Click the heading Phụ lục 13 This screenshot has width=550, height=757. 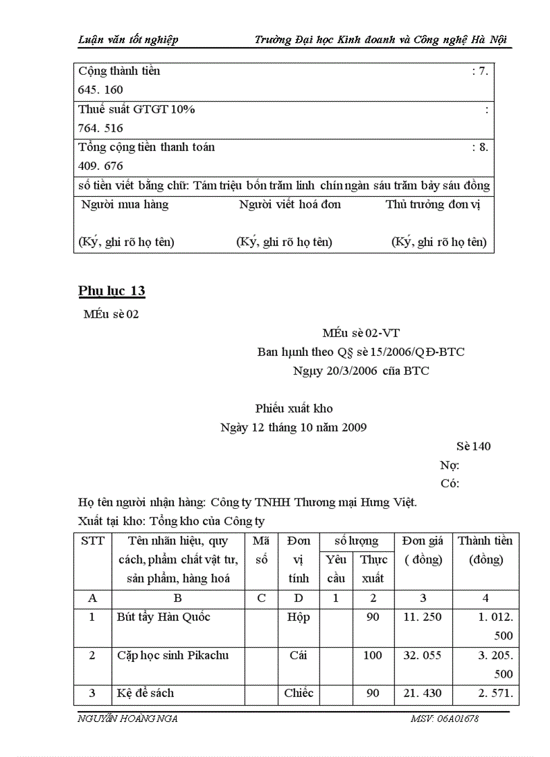click(x=111, y=291)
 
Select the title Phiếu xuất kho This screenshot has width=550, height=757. click(x=294, y=408)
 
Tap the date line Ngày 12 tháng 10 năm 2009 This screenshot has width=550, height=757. click(x=294, y=427)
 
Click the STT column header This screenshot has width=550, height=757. click(x=92, y=541)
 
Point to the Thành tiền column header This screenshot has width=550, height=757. click(x=485, y=550)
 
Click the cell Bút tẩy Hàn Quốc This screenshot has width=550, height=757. click(x=156, y=617)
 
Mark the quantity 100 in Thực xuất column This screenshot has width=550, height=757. click(x=372, y=655)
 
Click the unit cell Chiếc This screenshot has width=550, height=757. click(x=299, y=693)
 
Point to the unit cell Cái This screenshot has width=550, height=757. click(x=299, y=655)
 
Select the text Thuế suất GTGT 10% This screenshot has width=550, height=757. click(x=137, y=109)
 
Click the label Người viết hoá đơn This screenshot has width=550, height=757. click(x=290, y=204)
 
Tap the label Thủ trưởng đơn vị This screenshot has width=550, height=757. click(x=433, y=204)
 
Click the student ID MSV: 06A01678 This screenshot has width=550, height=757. click(x=444, y=719)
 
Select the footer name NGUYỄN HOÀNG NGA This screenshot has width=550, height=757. click(x=128, y=719)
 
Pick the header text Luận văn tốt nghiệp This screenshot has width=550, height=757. click(x=128, y=40)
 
